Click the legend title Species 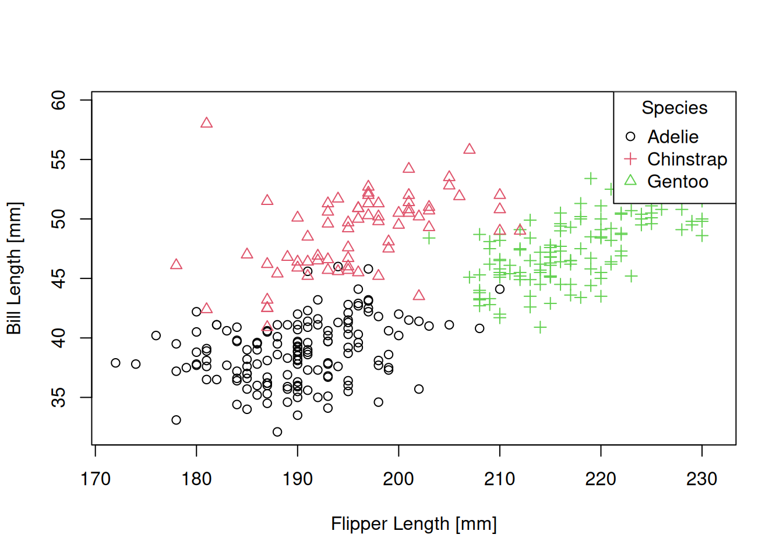[674, 108]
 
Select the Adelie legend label [673, 137]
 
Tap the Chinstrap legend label [687, 160]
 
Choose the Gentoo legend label [678, 182]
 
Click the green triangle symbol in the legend [630, 181]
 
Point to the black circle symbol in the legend [630, 137]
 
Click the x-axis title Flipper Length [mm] [414, 523]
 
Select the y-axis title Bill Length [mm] [14, 268]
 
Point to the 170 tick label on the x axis [95, 479]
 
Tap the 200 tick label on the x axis [398, 479]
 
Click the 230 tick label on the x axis [701, 479]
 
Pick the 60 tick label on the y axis [59, 100]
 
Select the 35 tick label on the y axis [59, 398]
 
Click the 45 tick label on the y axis [59, 278]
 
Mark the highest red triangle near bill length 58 [206, 123]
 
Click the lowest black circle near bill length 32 [277, 432]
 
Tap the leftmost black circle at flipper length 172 [115, 363]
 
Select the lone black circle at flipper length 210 [500, 289]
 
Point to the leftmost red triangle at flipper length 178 [176, 264]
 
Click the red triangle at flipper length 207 [470, 149]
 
